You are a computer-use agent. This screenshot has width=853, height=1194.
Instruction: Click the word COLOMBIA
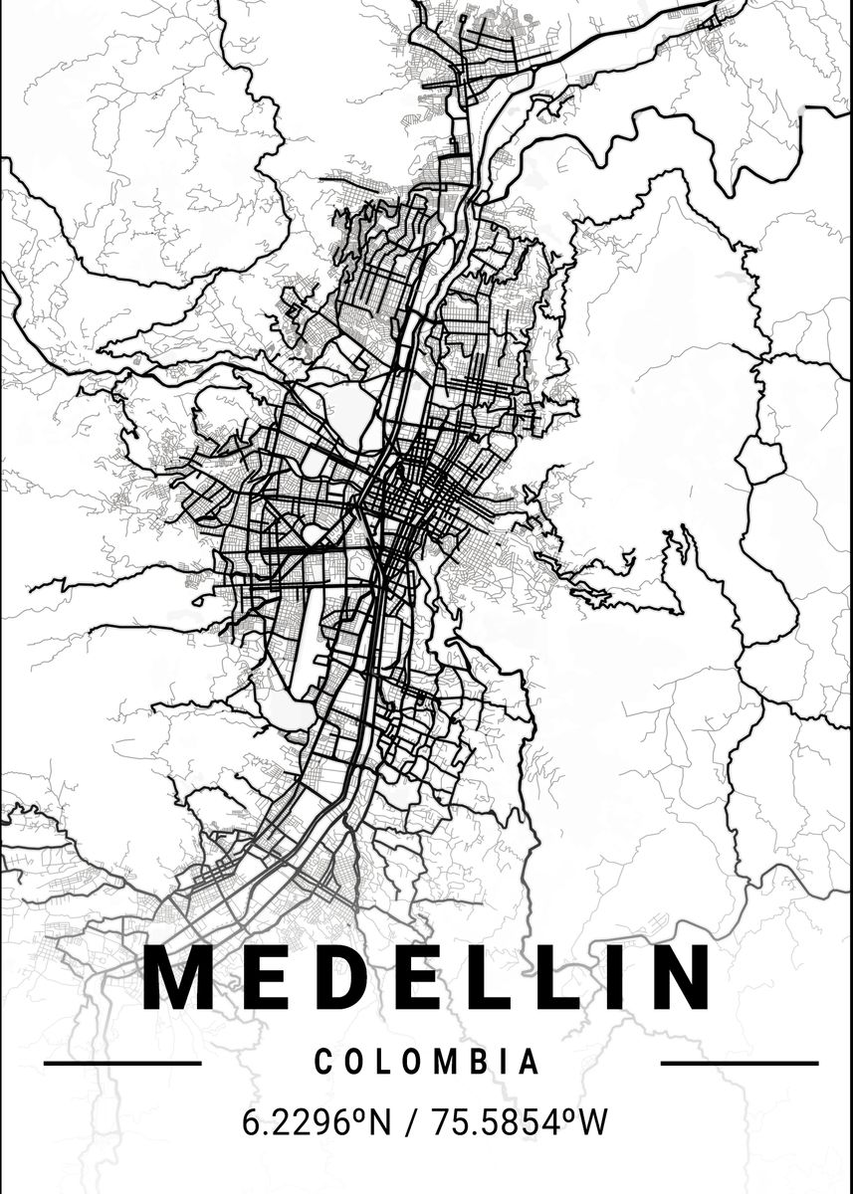click(428, 1063)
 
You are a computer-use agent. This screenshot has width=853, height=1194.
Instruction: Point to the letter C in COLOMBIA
click(323, 1063)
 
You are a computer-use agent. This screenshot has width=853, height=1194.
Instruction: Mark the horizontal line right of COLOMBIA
click(739, 1063)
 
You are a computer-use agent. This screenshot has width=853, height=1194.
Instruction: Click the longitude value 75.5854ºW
click(519, 1123)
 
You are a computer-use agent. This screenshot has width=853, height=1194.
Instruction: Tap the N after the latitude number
click(379, 1123)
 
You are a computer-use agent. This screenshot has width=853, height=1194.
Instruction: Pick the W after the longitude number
click(592, 1123)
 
